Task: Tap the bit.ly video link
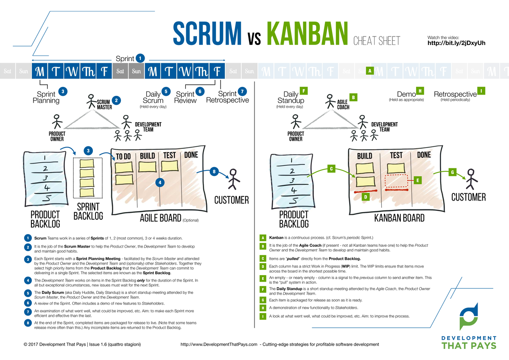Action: (456, 43)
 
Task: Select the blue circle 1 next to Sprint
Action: (140, 59)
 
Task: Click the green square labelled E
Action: (418, 180)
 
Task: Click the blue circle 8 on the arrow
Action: (214, 172)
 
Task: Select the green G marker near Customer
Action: (452, 172)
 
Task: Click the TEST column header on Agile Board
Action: (169, 155)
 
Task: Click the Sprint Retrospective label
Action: (227, 97)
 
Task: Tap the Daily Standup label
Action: (291, 97)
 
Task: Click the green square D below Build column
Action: (364, 197)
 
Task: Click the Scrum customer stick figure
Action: (232, 179)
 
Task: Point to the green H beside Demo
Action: (420, 90)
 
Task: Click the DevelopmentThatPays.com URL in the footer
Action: (219, 344)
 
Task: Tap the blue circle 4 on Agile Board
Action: (159, 182)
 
